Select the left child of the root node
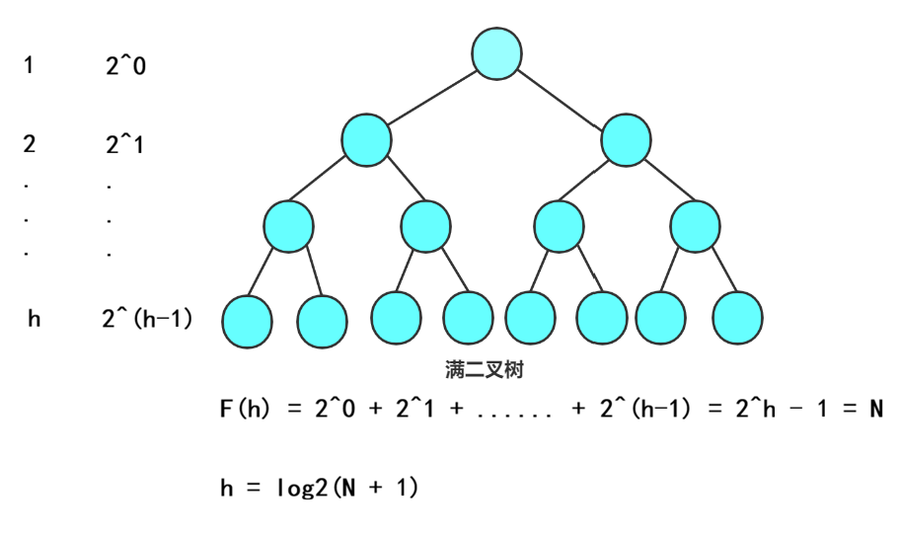pos(367,140)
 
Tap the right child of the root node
pos(626,140)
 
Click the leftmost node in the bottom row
pos(246,320)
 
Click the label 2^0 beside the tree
pos(125,67)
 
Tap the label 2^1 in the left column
pos(125,145)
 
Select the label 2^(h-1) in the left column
pos(147,320)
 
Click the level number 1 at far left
pos(29,66)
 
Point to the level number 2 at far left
pos(30,145)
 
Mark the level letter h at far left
pos(35,320)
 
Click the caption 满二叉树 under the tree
pos(484,370)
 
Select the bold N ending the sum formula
pos(875,408)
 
